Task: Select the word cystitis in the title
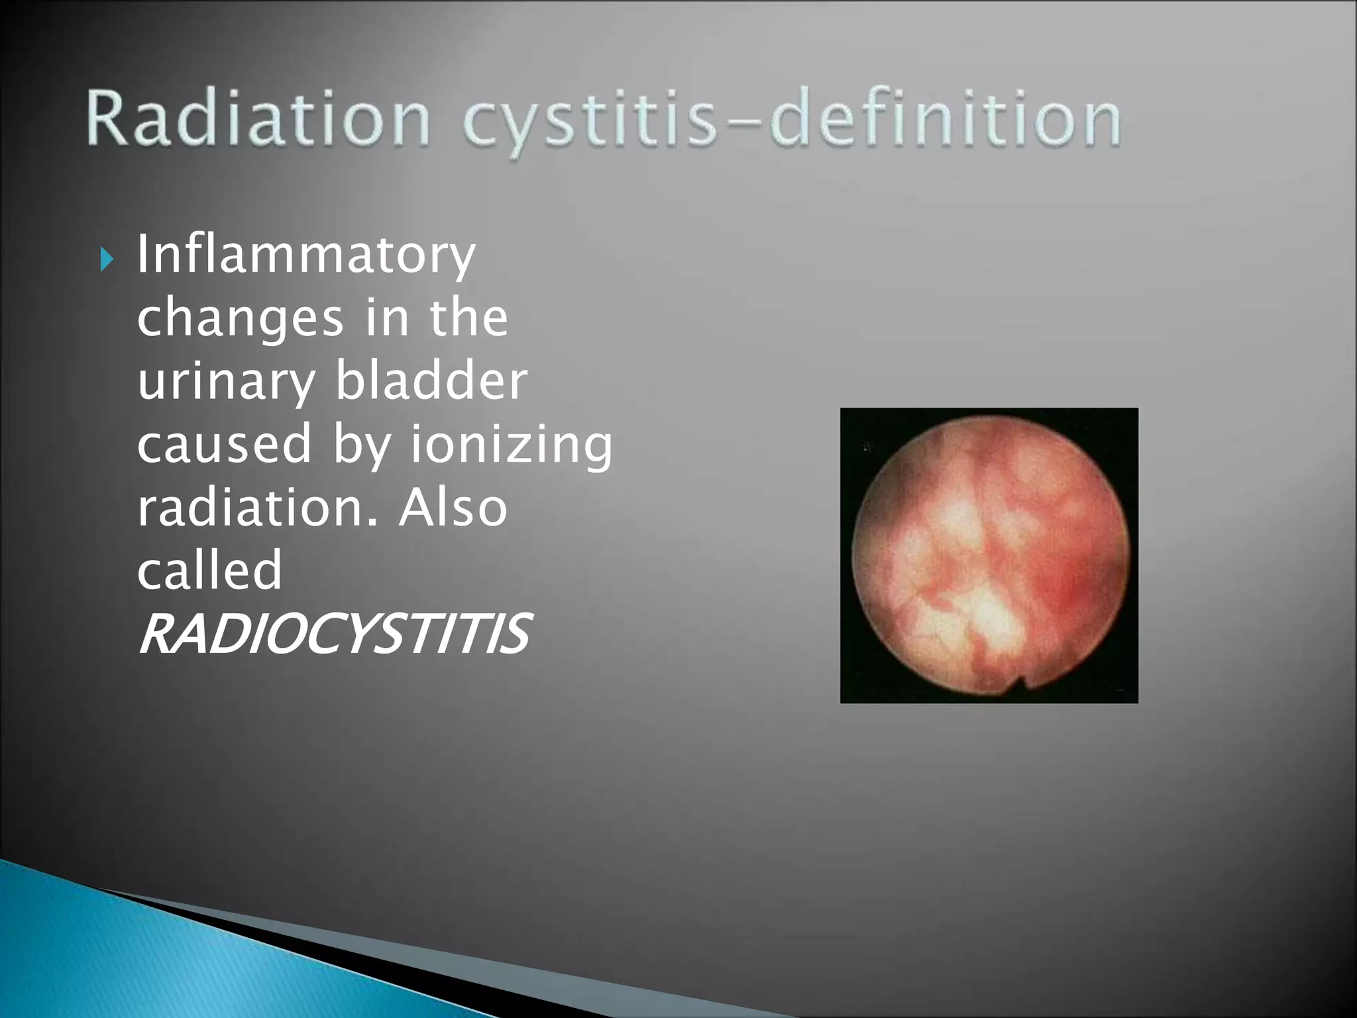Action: point(590,123)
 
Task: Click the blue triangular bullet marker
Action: point(107,259)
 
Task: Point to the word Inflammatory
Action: point(305,256)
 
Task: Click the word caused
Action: point(224,443)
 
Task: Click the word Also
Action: point(453,507)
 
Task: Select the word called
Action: point(209,570)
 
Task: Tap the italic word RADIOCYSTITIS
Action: point(333,634)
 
